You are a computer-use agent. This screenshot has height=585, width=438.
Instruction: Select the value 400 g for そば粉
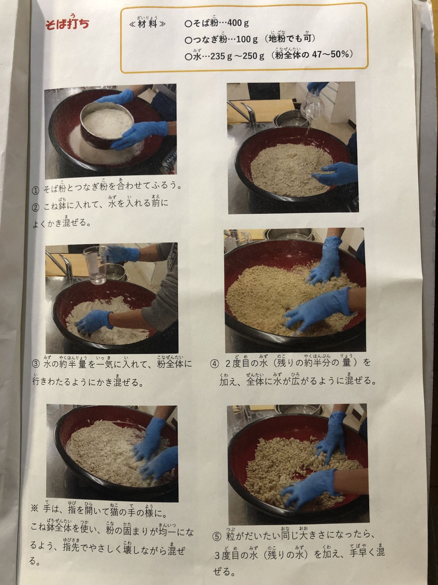[238, 23]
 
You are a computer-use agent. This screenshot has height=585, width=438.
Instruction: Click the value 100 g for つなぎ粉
[247, 39]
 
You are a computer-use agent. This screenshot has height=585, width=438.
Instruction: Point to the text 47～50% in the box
[331, 55]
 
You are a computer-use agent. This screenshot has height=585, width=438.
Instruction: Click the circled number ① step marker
[35, 190]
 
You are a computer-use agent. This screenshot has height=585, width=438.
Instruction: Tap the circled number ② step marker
[35, 208]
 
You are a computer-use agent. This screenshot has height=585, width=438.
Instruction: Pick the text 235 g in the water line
[221, 56]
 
